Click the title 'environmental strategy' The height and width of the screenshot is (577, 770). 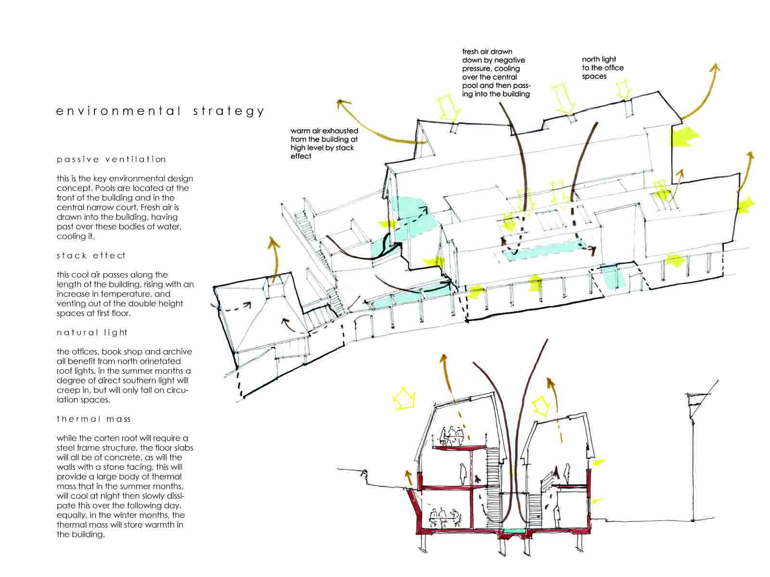click(x=160, y=112)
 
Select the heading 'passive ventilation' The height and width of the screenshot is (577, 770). click(x=111, y=160)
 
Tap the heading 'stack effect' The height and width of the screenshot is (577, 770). click(x=91, y=255)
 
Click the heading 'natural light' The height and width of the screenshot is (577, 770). click(x=92, y=332)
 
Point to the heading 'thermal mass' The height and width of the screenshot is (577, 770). click(x=93, y=419)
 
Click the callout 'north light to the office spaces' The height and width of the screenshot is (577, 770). click(x=603, y=68)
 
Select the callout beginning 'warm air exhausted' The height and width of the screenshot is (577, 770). click(x=324, y=143)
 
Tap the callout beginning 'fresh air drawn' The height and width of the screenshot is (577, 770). click(x=496, y=73)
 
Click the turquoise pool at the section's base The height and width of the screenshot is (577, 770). click(x=514, y=531)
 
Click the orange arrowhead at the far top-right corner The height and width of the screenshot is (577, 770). click(x=714, y=68)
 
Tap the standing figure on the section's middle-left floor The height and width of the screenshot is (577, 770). click(x=463, y=474)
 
